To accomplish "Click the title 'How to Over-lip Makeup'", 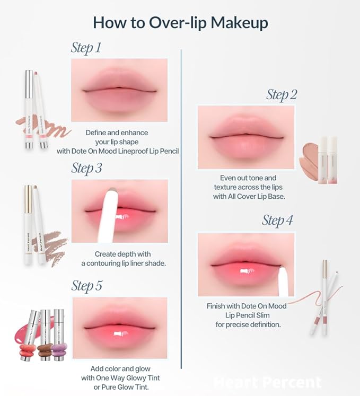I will pos(180,23).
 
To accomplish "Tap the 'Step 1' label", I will pos(86,48).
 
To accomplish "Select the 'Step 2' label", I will pos(282,95).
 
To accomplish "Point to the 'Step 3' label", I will pos(86,169).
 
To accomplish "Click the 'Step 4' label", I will pos(277,221).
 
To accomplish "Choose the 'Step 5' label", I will pos(87,286).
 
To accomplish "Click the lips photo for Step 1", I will pos(119,90).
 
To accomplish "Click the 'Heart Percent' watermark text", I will pos(268,382).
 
